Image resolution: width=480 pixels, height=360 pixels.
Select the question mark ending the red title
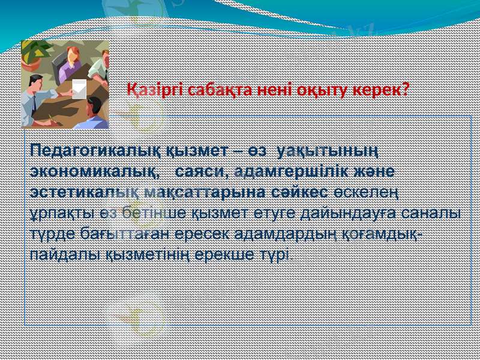(406, 90)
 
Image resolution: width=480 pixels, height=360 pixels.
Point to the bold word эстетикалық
(82, 192)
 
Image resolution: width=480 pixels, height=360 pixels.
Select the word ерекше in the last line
(236, 255)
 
